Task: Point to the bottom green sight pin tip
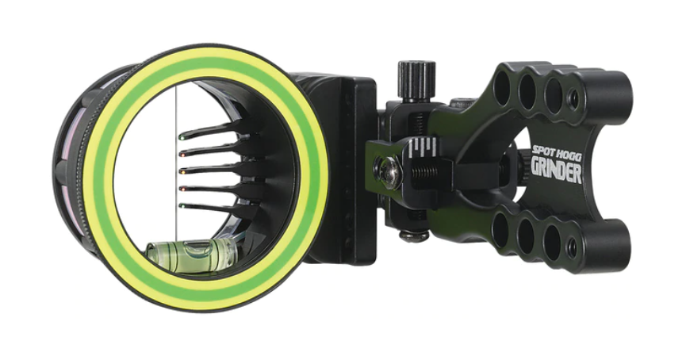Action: coord(182,206)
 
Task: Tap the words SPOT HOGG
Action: coord(555,151)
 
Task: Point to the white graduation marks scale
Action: coord(425,148)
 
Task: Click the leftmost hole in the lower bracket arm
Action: coord(500,230)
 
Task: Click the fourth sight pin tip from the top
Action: coord(182,189)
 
